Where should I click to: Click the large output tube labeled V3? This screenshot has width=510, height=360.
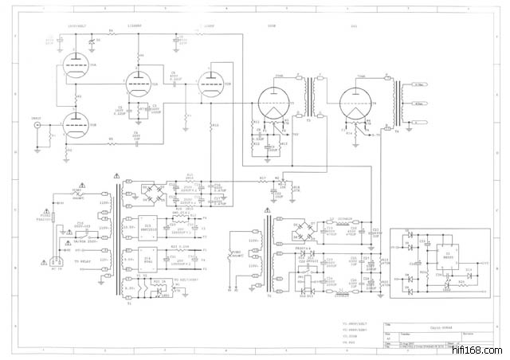click(274, 104)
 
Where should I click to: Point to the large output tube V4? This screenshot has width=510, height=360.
click(356, 104)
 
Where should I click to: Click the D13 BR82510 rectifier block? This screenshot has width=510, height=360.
click(149, 227)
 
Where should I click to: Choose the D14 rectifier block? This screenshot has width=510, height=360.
click(149, 260)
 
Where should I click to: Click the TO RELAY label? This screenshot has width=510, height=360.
click(86, 260)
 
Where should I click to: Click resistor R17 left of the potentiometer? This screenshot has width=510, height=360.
click(263, 180)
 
